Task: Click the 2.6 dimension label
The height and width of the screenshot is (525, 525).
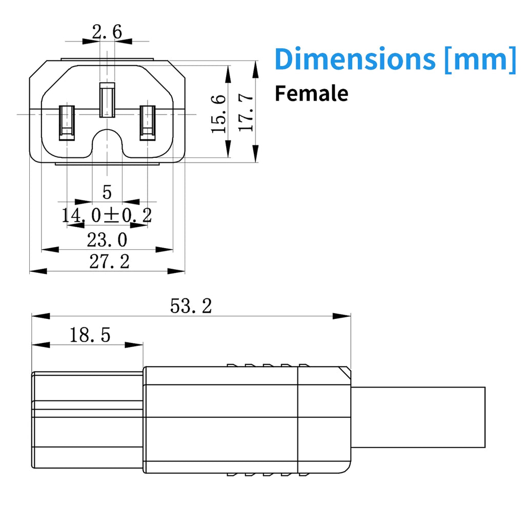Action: (107, 32)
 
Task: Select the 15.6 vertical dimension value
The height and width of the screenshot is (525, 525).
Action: (218, 114)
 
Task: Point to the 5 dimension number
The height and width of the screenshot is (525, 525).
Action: (107, 192)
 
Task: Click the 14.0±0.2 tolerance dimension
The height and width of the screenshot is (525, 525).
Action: (107, 215)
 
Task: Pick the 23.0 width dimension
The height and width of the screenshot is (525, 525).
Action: (107, 240)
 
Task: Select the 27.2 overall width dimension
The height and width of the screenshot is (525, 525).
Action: (110, 261)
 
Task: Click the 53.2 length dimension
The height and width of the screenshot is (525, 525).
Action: (191, 306)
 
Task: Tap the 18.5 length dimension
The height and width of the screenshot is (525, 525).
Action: (90, 335)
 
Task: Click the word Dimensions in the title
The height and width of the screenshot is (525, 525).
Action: (355, 59)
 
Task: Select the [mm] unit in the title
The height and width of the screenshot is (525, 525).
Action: (480, 59)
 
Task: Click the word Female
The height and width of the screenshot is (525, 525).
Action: (311, 93)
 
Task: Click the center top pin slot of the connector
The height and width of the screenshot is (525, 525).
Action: (107, 100)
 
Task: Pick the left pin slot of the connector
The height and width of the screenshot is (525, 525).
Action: (67, 123)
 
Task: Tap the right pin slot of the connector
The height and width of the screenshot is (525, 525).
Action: (148, 123)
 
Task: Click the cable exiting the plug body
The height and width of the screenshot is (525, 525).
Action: (418, 417)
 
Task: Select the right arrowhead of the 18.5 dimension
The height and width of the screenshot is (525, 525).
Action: (134, 345)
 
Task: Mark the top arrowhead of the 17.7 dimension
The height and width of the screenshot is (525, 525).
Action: (255, 70)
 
